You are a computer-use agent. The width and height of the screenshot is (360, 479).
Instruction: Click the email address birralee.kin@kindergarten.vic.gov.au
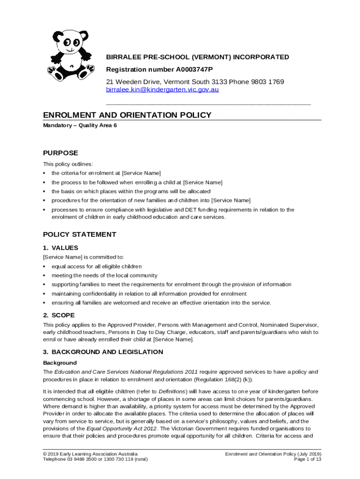point(162,89)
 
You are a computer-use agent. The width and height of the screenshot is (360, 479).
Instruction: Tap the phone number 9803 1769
point(264,82)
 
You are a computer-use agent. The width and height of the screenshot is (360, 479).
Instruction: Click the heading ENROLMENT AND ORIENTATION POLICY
point(127,115)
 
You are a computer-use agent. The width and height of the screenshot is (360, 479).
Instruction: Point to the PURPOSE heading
point(60,153)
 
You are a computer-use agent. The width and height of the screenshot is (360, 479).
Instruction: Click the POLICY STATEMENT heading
point(79,234)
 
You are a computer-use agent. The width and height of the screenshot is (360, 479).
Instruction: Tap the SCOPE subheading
point(60,315)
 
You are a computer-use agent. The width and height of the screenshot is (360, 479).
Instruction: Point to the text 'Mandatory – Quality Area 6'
point(80,125)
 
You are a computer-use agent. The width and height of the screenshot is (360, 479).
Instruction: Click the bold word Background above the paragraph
point(60,363)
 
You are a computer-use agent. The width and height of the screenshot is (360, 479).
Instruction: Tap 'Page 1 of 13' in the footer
point(307,459)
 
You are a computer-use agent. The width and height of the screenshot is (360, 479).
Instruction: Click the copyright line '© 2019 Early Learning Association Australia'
point(90,454)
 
